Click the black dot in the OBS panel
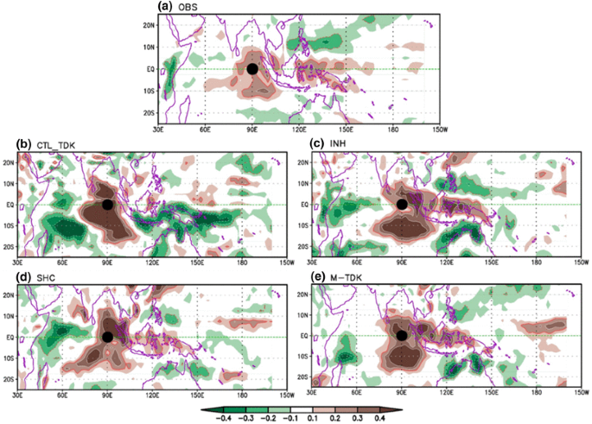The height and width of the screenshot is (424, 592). coord(251,69)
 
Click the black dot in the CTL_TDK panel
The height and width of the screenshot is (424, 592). coord(106,205)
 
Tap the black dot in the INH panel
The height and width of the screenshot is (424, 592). coord(402,205)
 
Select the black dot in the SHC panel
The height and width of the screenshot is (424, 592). coord(107,337)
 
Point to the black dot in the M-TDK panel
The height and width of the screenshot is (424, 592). coord(402,336)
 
